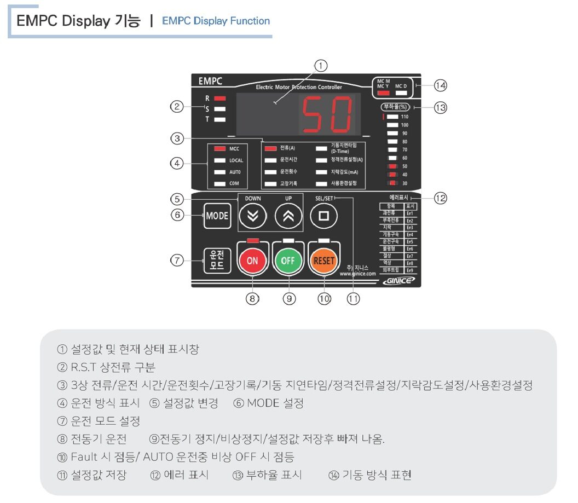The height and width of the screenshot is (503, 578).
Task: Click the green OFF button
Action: coord(288,261)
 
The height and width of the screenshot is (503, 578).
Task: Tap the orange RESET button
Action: coord(323,261)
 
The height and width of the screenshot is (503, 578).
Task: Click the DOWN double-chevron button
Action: coord(252,216)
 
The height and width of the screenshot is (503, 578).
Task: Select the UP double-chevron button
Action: coord(288,216)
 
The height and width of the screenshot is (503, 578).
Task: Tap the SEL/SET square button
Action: coord(323,216)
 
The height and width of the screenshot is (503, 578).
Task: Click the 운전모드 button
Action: coord(217,261)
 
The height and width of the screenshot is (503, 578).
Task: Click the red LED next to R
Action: coord(220,98)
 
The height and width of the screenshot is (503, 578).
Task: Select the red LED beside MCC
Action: coord(220,148)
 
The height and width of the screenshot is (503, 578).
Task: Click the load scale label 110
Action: coord(404,117)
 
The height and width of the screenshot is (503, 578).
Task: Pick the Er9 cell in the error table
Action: coord(409,270)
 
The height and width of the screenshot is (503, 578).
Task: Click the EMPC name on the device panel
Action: coord(210,82)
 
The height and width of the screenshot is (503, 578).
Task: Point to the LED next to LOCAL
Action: coord(220,160)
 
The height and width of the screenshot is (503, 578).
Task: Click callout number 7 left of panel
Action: coord(177,261)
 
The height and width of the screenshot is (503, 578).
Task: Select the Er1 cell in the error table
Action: coord(409,213)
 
